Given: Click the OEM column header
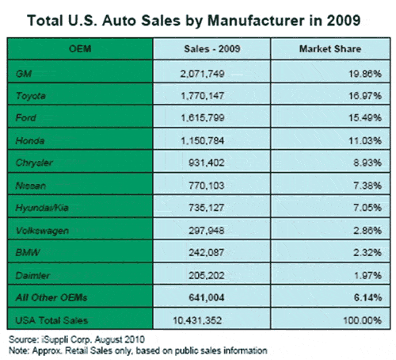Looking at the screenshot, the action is [x=80, y=49].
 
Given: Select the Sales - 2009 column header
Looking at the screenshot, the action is [x=212, y=49].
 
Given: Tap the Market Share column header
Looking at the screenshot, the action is [x=330, y=49].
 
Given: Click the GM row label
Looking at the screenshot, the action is [x=24, y=73].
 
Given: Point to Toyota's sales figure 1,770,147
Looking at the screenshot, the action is [x=203, y=96].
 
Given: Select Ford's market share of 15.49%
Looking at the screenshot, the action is [x=365, y=118].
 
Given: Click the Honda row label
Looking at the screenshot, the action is [x=30, y=140].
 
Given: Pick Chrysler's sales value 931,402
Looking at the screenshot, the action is [x=207, y=163].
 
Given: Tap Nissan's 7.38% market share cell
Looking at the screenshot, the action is [x=367, y=186].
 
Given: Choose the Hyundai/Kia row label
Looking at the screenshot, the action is [x=42, y=208].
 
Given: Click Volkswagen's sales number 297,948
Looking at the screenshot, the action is [x=207, y=231].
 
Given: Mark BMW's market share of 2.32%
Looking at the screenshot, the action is [x=367, y=253].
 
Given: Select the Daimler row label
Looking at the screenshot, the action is [x=32, y=276].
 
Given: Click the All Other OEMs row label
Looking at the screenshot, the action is [x=51, y=298].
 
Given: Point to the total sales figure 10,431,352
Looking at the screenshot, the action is [x=197, y=320].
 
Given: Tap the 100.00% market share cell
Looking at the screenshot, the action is [x=363, y=320].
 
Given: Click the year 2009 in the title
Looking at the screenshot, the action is [x=344, y=21].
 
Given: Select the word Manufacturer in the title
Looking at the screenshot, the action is [x=256, y=21].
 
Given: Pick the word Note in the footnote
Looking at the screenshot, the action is [x=18, y=350].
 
